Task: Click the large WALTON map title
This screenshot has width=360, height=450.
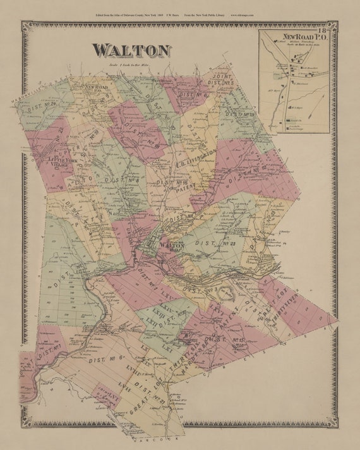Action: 131,51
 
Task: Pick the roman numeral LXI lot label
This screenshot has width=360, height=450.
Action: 166,348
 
